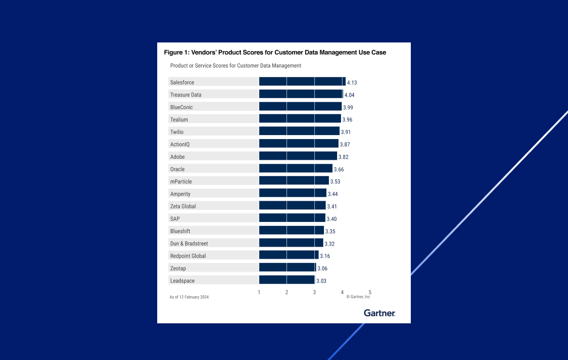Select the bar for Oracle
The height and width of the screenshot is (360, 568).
click(296, 168)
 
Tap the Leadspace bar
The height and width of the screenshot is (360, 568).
click(287, 280)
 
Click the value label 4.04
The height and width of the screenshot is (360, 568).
click(349, 95)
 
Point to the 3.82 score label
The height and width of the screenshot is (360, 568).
click(343, 157)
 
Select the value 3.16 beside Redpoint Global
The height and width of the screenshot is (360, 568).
click(325, 256)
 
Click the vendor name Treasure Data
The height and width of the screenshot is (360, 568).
click(186, 95)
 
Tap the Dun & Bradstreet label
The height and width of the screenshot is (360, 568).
click(189, 244)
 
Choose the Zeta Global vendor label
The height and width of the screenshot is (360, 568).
click(183, 207)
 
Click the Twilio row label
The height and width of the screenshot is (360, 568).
click(177, 132)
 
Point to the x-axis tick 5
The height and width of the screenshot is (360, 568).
click(370, 292)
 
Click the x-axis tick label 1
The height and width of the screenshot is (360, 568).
click(259, 292)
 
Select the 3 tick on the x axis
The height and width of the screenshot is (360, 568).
click(314, 292)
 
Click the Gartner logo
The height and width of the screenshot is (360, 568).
click(379, 313)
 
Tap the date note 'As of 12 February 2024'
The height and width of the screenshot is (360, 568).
click(189, 297)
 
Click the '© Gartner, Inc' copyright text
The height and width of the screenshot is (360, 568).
click(358, 297)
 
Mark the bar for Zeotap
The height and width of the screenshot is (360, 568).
click(287, 267)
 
